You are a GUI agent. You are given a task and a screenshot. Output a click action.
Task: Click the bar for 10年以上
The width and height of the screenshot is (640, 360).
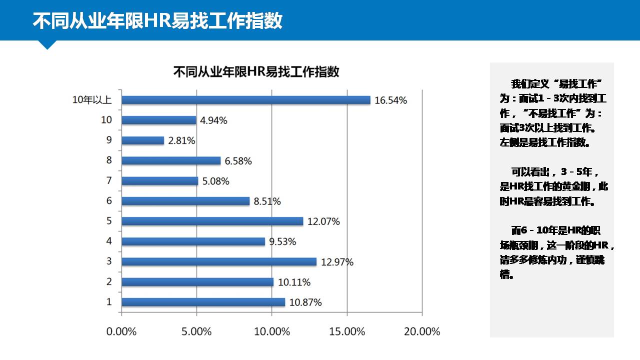tap(246, 100)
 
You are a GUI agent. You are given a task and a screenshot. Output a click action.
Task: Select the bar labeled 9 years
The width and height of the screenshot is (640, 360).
tap(143, 140)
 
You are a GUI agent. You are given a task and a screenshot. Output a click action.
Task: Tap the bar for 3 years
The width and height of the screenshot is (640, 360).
tap(219, 261)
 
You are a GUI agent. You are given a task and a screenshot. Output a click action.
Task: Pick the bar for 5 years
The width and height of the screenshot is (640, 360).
tap(212, 221)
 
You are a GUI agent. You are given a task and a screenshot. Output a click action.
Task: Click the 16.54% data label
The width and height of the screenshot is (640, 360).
tap(390, 100)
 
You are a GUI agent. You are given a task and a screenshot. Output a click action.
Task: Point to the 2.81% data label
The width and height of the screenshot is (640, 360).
tap(181, 140)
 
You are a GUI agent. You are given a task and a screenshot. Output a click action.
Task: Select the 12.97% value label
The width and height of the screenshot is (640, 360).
tap(337, 261)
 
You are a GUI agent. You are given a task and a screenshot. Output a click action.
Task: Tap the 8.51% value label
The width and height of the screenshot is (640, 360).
tap(267, 201)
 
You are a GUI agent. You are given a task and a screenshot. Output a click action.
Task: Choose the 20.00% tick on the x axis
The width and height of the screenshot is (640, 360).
tap(422, 331)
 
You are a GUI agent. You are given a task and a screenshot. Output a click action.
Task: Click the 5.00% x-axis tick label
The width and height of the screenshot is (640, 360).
tap(197, 331)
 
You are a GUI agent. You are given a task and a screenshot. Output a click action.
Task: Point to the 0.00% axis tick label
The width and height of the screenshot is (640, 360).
tap(121, 331)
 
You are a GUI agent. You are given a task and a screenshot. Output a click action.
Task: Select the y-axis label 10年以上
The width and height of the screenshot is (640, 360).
tap(91, 100)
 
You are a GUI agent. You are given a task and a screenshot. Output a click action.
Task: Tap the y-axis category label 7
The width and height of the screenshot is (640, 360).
tap(109, 180)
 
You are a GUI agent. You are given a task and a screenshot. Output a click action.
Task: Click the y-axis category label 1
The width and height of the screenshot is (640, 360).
tap(109, 301)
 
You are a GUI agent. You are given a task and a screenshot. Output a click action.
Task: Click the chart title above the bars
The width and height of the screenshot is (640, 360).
tap(256, 71)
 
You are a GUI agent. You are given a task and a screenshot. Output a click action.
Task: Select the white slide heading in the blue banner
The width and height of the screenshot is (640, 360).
tap(157, 21)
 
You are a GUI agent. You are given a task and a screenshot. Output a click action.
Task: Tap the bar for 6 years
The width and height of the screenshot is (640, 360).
tap(185, 201)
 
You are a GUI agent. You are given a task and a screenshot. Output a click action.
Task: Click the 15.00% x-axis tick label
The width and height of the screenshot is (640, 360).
tap(347, 331)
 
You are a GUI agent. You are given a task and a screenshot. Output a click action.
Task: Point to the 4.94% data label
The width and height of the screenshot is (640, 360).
tap(213, 120)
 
